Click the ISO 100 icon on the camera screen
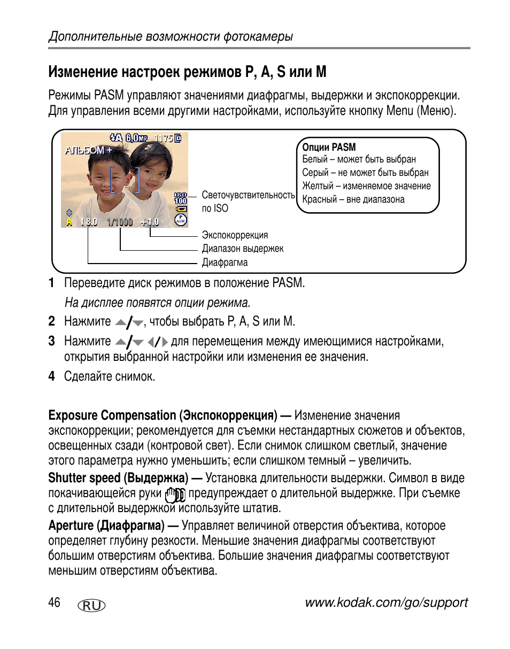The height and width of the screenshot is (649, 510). (181, 198)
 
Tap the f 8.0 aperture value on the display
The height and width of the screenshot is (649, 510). (90, 222)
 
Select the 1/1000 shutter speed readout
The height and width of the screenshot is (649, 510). (120, 222)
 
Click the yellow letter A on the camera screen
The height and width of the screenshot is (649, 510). (69, 222)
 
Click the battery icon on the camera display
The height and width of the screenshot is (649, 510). (181, 209)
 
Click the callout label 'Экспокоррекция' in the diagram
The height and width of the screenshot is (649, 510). (235, 235)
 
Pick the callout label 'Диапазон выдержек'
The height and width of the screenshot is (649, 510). (243, 249)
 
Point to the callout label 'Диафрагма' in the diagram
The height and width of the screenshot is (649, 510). (225, 262)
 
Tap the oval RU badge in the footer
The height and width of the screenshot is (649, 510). (91, 605)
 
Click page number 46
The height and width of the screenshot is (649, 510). (54, 602)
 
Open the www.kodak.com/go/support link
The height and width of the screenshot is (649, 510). (386, 602)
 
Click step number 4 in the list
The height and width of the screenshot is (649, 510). (51, 376)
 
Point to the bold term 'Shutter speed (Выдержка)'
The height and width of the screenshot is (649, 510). (118, 478)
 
